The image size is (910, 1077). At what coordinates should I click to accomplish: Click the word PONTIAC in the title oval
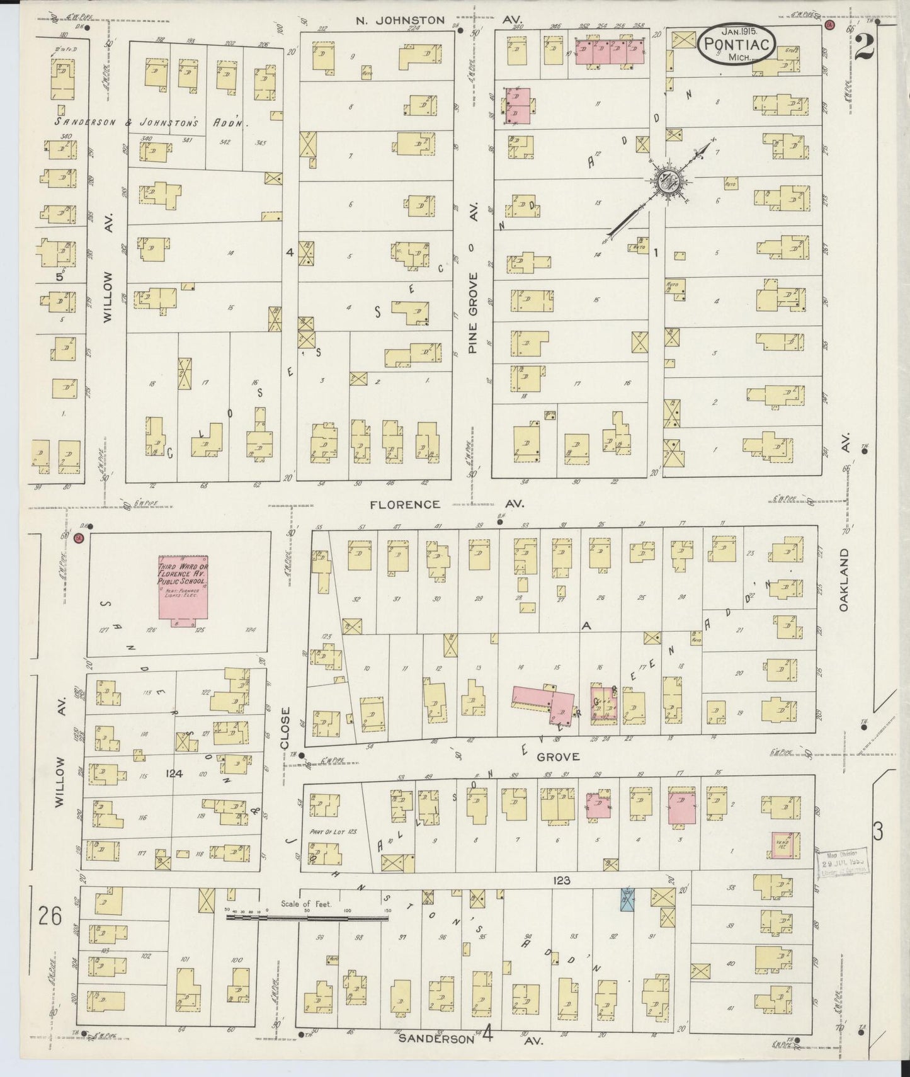[x=731, y=45]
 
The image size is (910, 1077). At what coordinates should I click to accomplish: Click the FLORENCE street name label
[x=404, y=504]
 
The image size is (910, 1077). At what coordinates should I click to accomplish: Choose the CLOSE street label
[x=285, y=728]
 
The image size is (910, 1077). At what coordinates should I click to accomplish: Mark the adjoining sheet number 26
[x=50, y=915]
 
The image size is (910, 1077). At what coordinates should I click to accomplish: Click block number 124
[x=174, y=773]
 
